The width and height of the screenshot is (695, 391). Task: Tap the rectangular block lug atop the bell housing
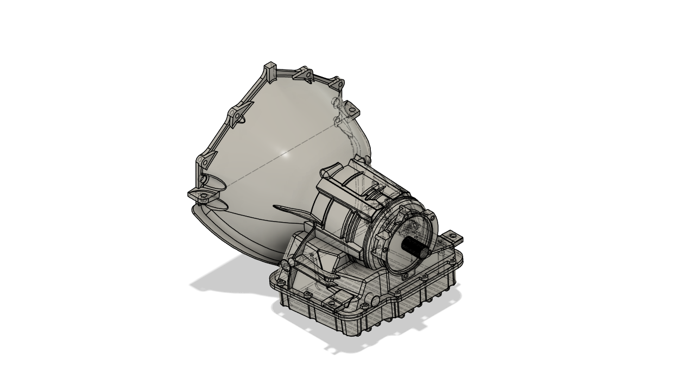click(269, 70)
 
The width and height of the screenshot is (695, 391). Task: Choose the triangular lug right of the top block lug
click(304, 74)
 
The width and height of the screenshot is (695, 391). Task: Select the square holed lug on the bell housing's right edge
click(352, 109)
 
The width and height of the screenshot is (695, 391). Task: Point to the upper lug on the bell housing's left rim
click(234, 116)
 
